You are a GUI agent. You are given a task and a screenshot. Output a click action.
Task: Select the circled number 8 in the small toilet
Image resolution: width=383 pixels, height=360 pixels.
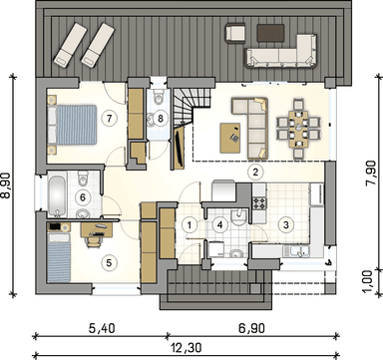coord(161,118)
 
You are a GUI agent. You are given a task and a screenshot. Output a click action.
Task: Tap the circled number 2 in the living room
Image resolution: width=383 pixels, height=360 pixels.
coord(255,172)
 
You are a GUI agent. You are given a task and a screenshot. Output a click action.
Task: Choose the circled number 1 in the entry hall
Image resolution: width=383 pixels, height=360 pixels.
coord(190,224)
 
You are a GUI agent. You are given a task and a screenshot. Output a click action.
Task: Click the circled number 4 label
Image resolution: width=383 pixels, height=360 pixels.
coord(218,224)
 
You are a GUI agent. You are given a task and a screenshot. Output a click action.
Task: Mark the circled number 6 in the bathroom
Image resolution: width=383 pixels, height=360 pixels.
coord(85,197)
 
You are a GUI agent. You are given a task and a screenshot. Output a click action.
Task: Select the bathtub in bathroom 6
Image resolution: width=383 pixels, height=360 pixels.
coord(56,189)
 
